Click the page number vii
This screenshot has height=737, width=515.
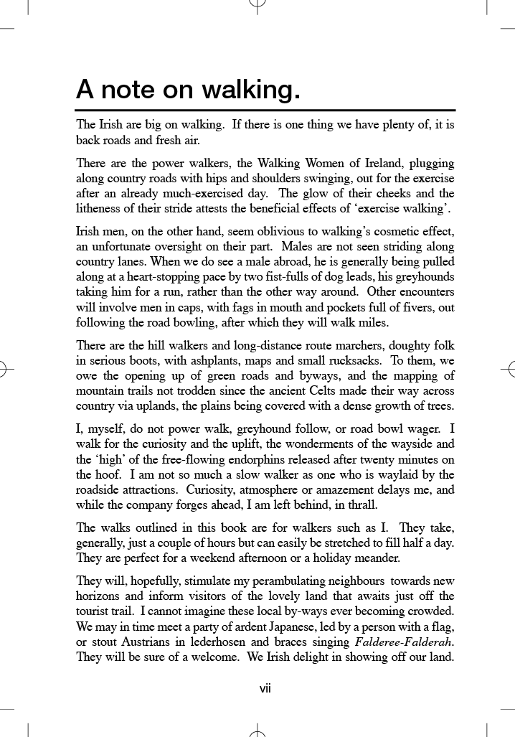pos(265,689)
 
